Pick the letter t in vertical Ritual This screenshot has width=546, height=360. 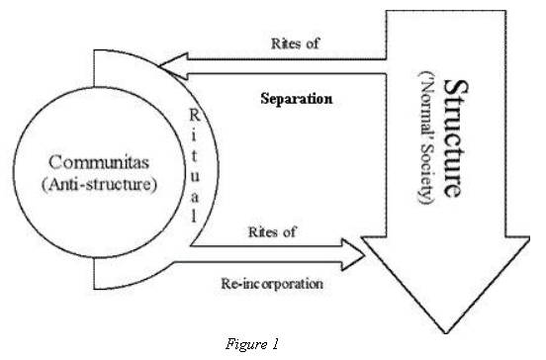click(x=220, y=160)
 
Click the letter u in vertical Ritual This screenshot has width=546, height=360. click(x=220, y=178)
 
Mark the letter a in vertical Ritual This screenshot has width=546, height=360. click(x=220, y=196)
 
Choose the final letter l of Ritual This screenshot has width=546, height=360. click(x=220, y=215)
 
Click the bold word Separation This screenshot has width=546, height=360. click(x=294, y=100)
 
